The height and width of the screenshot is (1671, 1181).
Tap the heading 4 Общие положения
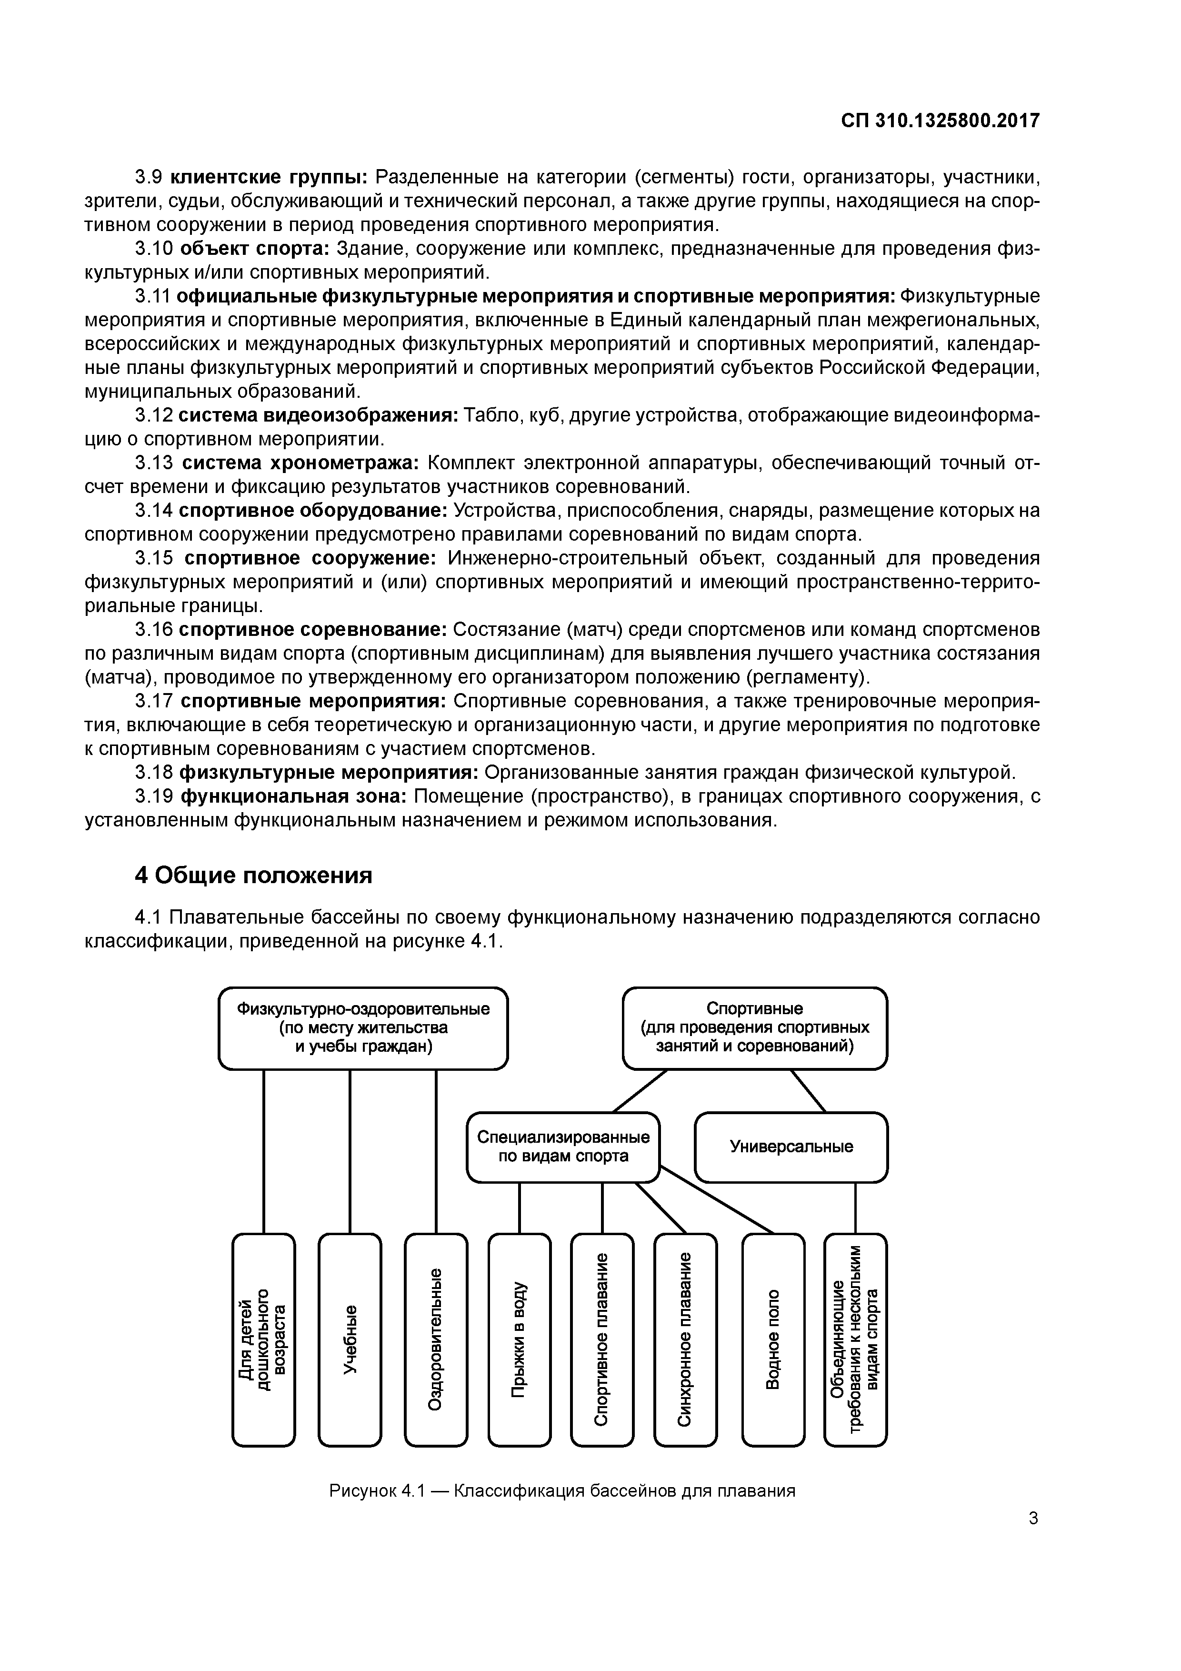pyautogui.click(x=253, y=875)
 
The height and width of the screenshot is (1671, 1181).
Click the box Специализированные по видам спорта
pyautogui.click(x=562, y=1147)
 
